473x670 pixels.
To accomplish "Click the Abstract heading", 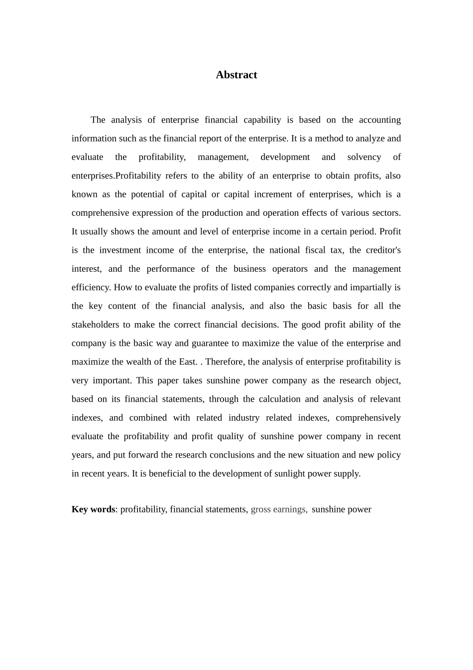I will click(236, 75).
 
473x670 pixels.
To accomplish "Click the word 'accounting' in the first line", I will click(379, 120).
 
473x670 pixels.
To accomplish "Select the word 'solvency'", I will click(363, 157).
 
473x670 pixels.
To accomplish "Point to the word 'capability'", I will click(262, 120).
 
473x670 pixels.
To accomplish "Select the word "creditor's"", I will click(383, 250).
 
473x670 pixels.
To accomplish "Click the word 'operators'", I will click(290, 269).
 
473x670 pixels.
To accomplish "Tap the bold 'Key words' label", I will click(93, 509).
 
